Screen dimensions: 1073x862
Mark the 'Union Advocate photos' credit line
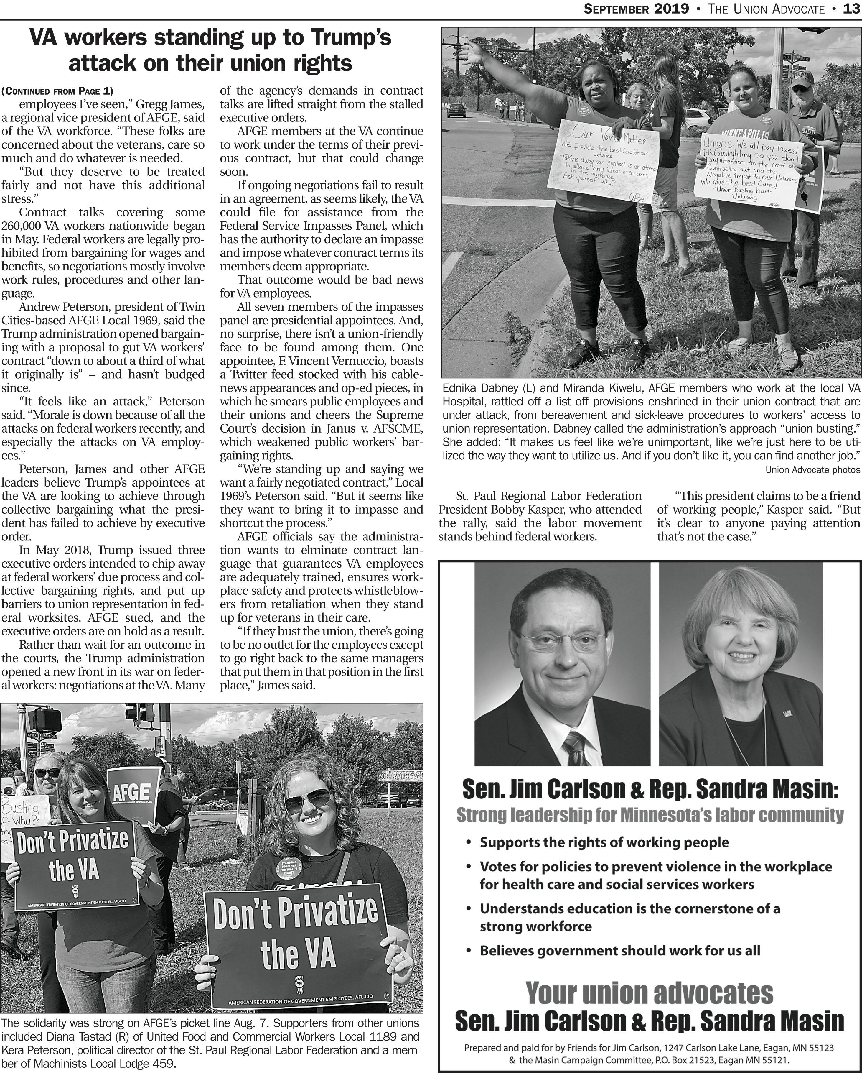coord(812,469)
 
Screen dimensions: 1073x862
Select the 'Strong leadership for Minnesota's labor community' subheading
coord(650,815)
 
